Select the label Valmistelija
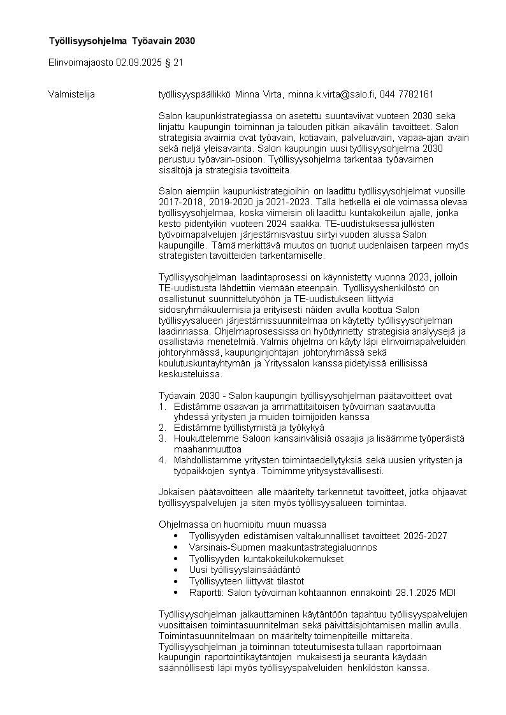pos(71,94)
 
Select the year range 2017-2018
pos(180,201)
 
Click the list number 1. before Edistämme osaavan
pos(162,407)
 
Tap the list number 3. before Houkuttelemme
pos(162,438)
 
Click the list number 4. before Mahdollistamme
pos(162,460)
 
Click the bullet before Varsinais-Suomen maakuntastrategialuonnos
pos(176,547)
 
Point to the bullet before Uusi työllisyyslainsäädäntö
pos(176,569)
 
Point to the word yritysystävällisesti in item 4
pos(342,471)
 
